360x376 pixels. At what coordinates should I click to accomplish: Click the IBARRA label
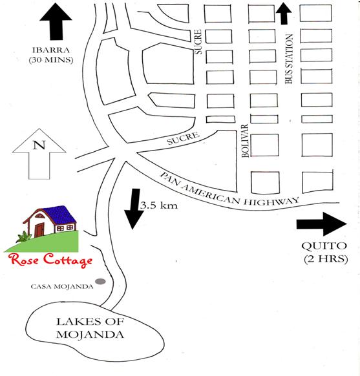coord(51,50)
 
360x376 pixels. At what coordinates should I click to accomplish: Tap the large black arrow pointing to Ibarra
coord(56,21)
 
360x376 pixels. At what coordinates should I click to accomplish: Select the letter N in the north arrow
coord(39,145)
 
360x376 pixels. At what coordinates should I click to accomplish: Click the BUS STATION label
coord(289,59)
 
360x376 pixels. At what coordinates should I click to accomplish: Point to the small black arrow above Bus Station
coord(284,14)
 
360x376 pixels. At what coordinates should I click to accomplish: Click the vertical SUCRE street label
coord(198,42)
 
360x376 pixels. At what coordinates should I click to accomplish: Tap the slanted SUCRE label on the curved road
coord(184,138)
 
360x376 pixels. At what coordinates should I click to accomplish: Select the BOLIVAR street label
coord(245,141)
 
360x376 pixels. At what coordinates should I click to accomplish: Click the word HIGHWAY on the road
coord(271,202)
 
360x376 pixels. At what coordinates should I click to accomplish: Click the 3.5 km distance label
coord(159,205)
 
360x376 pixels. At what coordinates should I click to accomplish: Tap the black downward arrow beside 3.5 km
coord(133,209)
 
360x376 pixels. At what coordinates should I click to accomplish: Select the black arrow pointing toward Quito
coord(322,224)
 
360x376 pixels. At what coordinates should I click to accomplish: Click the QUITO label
coord(324,246)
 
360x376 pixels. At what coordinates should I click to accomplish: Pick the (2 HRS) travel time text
coord(326,259)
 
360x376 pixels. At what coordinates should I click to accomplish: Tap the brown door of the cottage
coord(39,230)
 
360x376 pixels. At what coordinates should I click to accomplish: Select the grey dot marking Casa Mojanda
coord(100,281)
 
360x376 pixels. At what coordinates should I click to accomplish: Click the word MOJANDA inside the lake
coord(90,335)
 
